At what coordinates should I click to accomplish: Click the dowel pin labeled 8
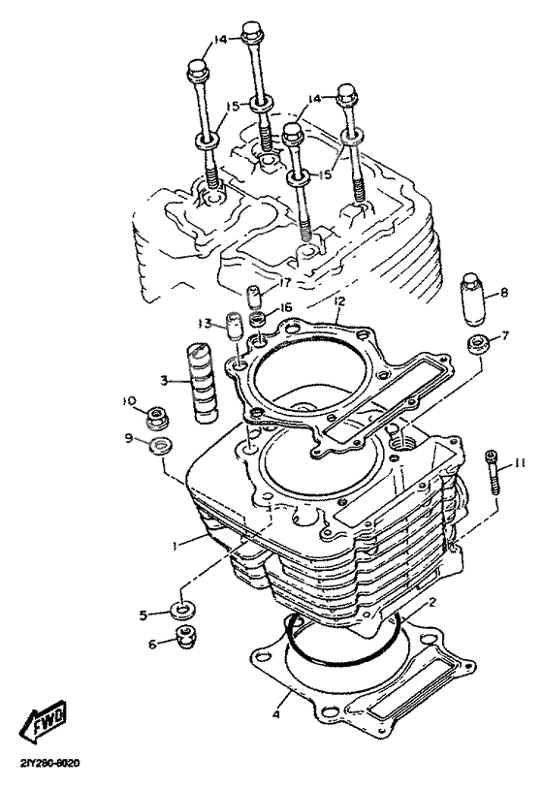point(472,301)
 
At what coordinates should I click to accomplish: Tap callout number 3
point(166,381)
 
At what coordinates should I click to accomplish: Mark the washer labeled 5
point(179,612)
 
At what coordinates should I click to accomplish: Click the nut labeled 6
point(179,637)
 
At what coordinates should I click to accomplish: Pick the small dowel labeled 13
point(233,326)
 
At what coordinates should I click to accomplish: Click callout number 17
point(285,282)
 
